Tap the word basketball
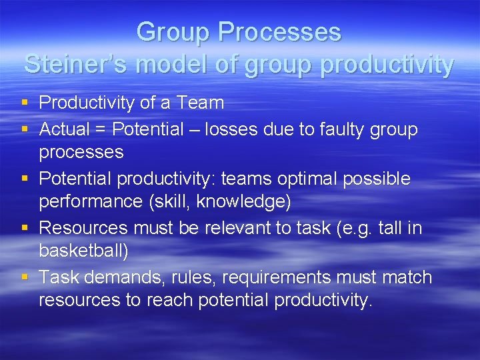click(x=83, y=251)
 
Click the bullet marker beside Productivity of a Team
click(x=25, y=103)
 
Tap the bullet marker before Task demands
click(x=25, y=277)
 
